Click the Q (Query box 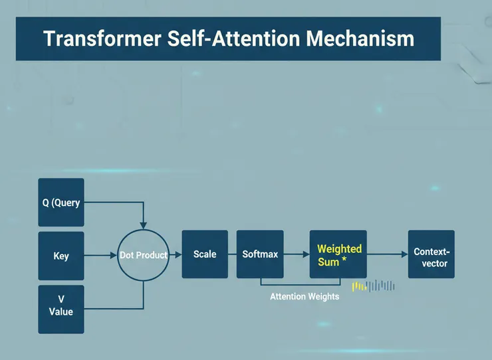click(x=61, y=203)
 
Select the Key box click(x=61, y=256)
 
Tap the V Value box click(x=61, y=310)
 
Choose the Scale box click(x=205, y=254)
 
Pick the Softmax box click(x=260, y=254)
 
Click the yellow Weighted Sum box click(x=338, y=254)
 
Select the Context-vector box click(x=431, y=254)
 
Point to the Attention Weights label click(x=305, y=297)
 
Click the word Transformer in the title click(x=102, y=39)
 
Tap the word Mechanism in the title click(x=360, y=39)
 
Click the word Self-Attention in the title click(x=234, y=39)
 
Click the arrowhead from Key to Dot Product click(x=114, y=256)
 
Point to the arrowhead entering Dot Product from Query click(x=144, y=225)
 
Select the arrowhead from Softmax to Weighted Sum click(x=307, y=254)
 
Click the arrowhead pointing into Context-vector click(x=405, y=254)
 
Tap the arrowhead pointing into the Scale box click(x=179, y=254)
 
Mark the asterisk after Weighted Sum click(x=344, y=259)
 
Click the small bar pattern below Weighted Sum click(x=374, y=286)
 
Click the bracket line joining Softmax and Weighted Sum click(x=301, y=285)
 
